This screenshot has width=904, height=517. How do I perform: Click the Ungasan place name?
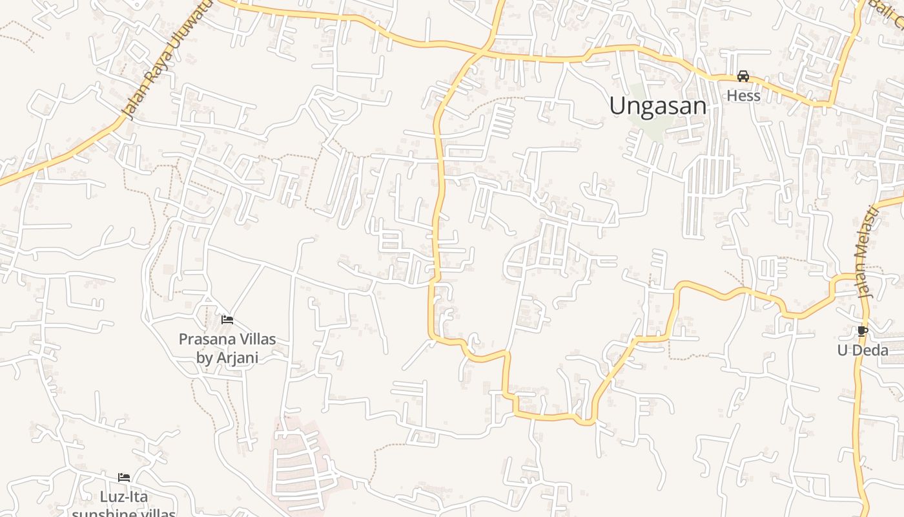[x=657, y=105]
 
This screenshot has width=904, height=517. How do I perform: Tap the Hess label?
[x=743, y=96]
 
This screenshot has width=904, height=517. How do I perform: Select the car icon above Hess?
[x=743, y=76]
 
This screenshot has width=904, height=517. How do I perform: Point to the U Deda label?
[x=863, y=350]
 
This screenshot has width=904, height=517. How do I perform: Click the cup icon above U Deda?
[x=862, y=332]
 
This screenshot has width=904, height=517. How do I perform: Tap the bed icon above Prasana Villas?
[x=227, y=319]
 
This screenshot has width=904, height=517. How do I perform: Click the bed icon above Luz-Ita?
[x=124, y=478]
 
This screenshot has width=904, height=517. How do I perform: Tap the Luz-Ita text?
[x=124, y=497]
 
